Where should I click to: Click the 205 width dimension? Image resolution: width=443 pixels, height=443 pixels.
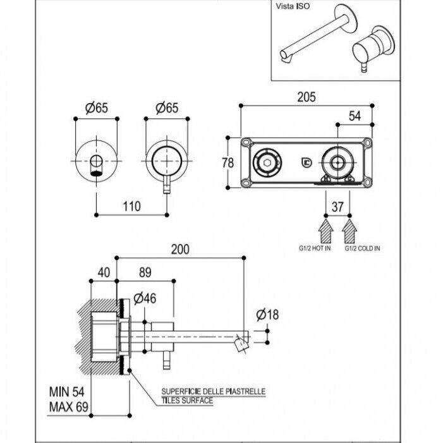click(306, 97)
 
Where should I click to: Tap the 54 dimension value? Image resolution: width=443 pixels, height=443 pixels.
click(355, 116)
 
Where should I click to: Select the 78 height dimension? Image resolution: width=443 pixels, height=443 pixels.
click(228, 163)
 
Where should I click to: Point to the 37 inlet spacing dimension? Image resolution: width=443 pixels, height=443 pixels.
click(337, 207)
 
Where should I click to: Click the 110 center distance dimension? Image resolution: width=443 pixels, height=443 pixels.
click(131, 207)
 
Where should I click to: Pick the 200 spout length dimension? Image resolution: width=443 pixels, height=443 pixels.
click(180, 250)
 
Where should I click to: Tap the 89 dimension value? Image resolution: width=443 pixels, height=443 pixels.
click(145, 272)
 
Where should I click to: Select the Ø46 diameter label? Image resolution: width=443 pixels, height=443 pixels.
click(145, 299)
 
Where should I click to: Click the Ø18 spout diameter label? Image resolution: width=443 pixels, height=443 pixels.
click(267, 315)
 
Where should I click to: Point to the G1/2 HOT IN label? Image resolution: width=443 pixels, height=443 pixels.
click(315, 248)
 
